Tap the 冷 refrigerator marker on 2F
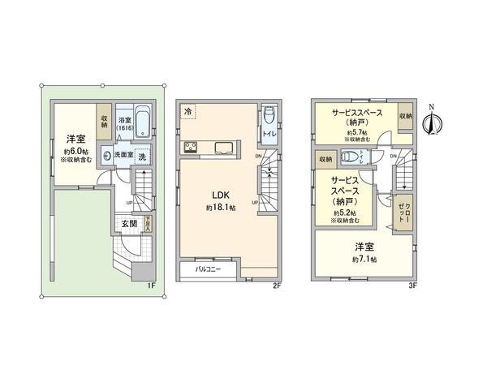[x=188, y=111]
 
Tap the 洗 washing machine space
[x=143, y=155]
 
